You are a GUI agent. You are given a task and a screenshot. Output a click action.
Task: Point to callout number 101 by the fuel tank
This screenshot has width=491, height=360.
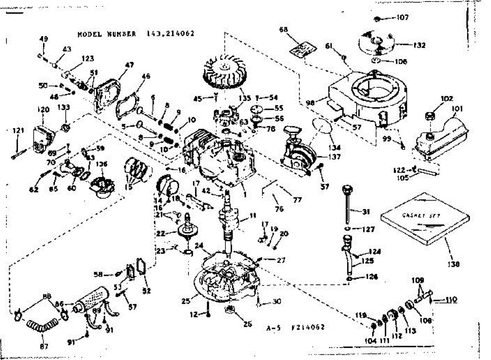click(457, 109)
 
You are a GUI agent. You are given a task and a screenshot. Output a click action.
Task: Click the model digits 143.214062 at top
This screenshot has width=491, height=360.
click(170, 34)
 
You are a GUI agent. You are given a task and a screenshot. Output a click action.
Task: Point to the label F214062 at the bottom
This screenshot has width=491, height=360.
click(308, 327)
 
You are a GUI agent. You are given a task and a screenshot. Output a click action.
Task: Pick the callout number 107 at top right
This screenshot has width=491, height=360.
click(403, 18)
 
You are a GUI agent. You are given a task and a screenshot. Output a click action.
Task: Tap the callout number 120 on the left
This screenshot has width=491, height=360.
click(43, 109)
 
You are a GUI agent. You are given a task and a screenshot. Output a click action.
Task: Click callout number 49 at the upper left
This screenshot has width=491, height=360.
click(43, 39)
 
